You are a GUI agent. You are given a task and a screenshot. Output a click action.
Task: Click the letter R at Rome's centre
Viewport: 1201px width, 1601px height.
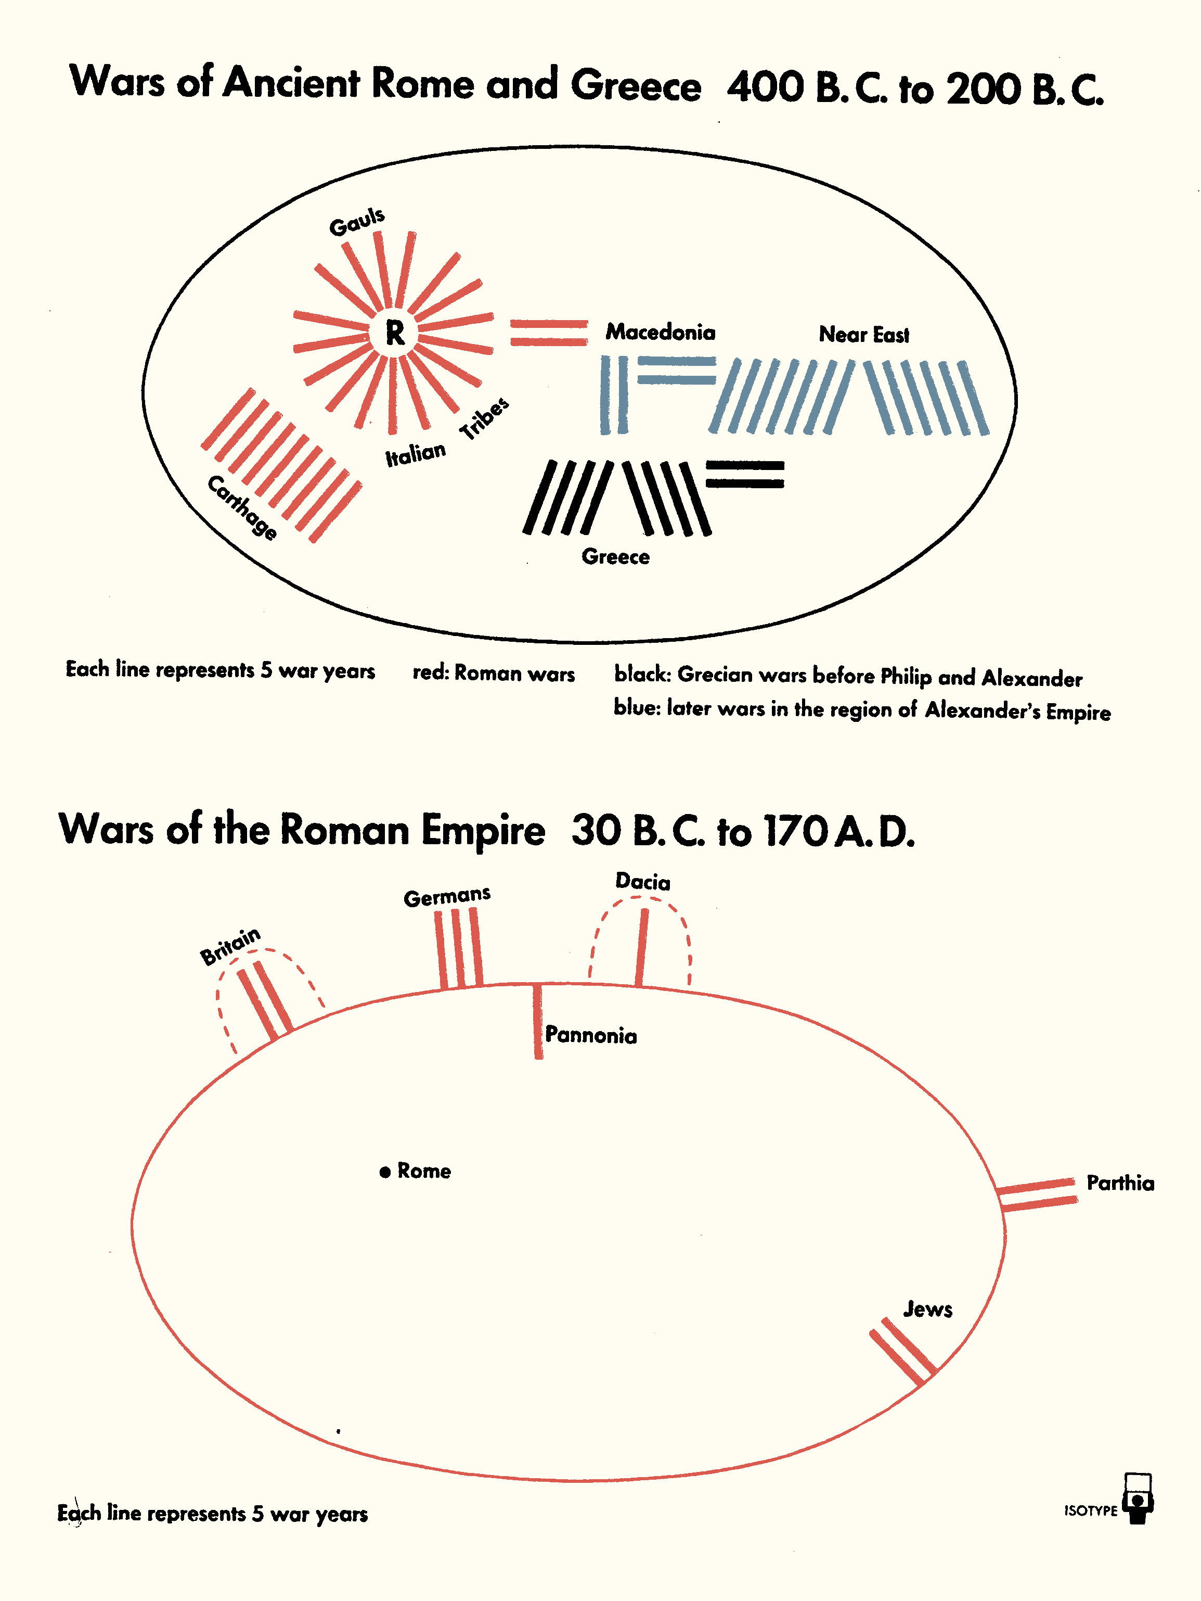click(x=395, y=333)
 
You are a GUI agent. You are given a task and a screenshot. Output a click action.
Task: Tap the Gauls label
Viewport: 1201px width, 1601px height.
click(x=357, y=222)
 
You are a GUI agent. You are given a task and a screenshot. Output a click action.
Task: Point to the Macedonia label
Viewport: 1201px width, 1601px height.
click(x=661, y=332)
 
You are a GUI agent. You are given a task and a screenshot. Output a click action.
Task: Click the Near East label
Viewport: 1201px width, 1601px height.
click(x=864, y=334)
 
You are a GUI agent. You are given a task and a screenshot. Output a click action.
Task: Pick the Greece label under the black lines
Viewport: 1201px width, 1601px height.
click(x=616, y=556)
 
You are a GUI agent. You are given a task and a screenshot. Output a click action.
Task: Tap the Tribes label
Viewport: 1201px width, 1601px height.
click(x=485, y=418)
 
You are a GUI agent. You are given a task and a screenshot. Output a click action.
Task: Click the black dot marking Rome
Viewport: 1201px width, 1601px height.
click(x=385, y=1172)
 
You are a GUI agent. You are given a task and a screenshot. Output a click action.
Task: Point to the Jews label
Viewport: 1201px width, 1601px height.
click(x=927, y=1310)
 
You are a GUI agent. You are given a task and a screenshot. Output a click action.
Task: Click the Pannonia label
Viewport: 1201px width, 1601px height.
click(x=590, y=1036)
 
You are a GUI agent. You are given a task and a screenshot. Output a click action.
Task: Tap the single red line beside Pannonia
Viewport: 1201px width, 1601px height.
click(x=537, y=1021)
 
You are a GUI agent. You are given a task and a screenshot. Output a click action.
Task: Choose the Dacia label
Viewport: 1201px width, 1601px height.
click(x=642, y=882)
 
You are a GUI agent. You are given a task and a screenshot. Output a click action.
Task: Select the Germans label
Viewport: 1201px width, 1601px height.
click(x=447, y=897)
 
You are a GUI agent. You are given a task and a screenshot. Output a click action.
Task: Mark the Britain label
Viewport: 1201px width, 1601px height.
click(x=230, y=946)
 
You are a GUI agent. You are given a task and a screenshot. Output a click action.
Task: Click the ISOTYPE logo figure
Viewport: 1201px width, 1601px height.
click(x=1139, y=1500)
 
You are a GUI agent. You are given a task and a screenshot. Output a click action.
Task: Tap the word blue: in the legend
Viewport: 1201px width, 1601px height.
click(x=637, y=707)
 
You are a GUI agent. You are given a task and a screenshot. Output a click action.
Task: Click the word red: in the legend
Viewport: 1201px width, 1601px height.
click(x=431, y=673)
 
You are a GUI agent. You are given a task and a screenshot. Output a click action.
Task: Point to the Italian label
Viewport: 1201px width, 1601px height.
click(x=415, y=454)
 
